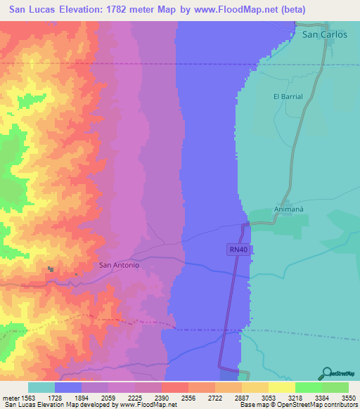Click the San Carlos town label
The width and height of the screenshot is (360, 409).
324,34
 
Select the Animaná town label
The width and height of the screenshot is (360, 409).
289,209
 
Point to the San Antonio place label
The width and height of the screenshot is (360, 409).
119,265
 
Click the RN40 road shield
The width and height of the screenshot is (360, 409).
237,249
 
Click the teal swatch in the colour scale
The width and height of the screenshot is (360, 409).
41,387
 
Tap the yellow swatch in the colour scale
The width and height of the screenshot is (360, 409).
281,387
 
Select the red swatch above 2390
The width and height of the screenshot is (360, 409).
174,387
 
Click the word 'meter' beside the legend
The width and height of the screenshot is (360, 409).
11,398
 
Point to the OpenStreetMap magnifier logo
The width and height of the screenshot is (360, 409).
326,373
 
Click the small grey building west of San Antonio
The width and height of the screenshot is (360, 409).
50,268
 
